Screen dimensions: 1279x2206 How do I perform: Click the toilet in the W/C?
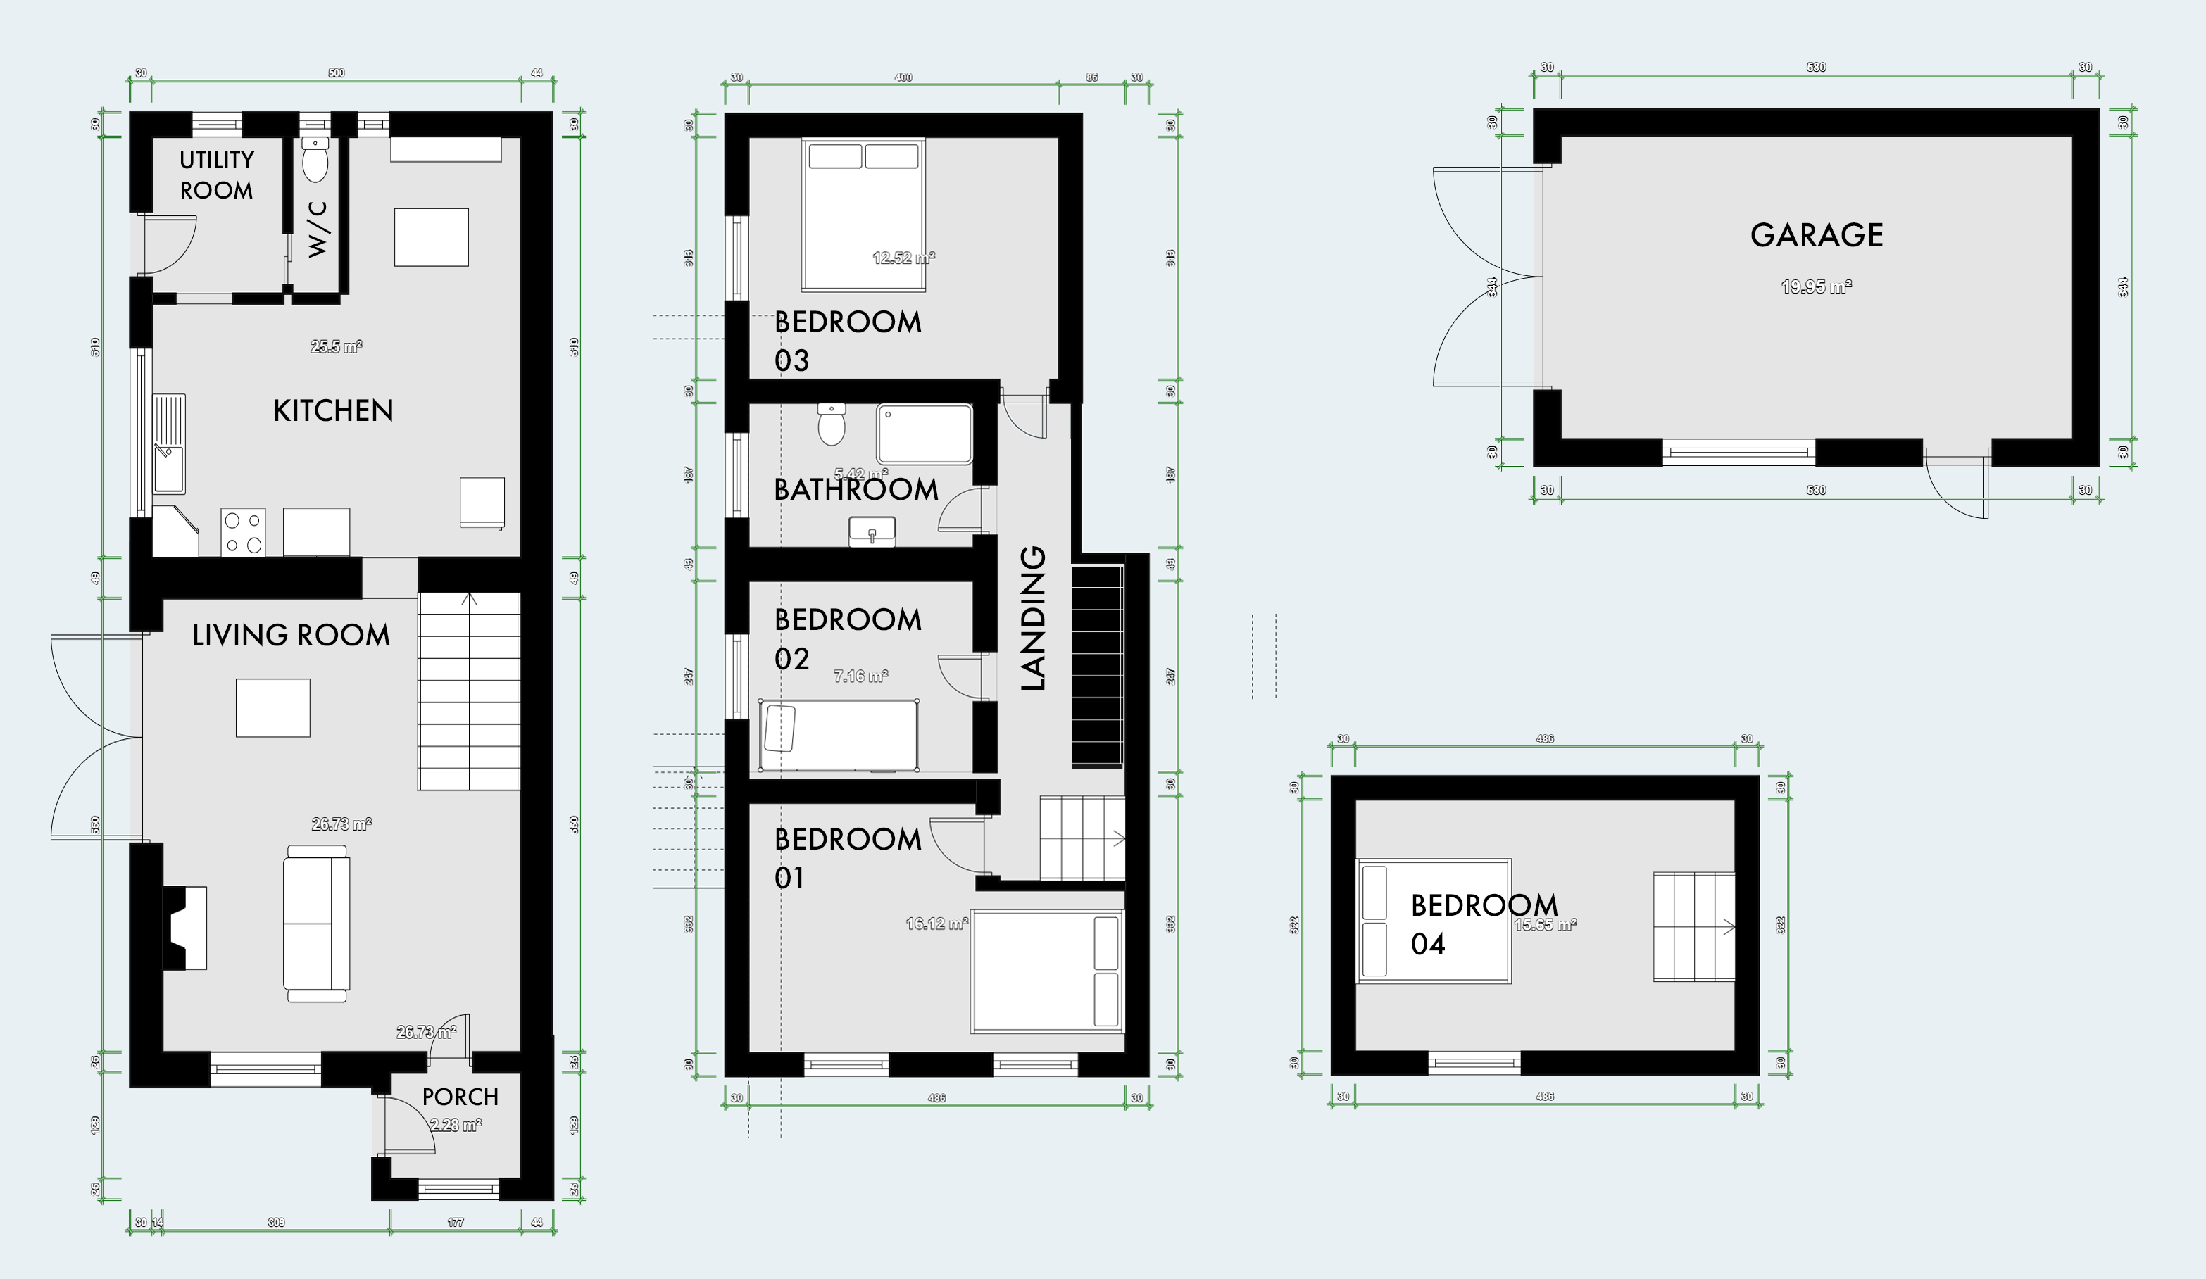(314, 161)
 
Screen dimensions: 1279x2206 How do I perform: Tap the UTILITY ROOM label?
(216, 175)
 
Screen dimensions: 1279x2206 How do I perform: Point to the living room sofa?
(316, 923)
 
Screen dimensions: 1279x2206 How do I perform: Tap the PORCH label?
(460, 1097)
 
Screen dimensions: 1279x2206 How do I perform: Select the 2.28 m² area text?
(455, 1125)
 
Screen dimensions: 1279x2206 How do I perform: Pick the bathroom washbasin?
(872, 531)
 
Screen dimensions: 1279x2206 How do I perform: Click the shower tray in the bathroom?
(925, 434)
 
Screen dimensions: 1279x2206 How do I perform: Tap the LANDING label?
(1034, 618)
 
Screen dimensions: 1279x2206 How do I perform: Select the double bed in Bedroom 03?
(863, 215)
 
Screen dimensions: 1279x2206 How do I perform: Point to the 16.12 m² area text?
(936, 924)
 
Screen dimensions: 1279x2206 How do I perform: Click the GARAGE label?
(1817, 234)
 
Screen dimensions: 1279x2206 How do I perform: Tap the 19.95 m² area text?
(1817, 286)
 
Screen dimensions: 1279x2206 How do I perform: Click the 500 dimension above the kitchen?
(336, 73)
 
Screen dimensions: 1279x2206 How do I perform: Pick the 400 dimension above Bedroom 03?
(903, 77)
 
